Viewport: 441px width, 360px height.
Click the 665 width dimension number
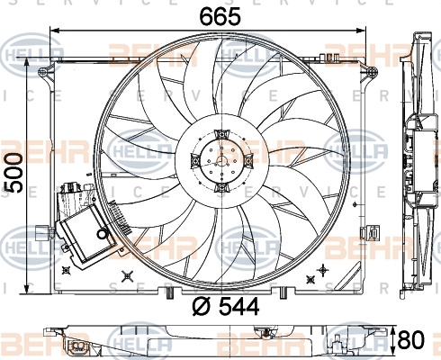coord(220,16)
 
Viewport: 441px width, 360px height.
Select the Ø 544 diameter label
coord(225,306)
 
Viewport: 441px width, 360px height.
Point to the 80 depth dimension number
coord(411,339)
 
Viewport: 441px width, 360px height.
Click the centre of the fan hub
coord(222,160)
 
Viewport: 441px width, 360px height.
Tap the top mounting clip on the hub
coord(221,134)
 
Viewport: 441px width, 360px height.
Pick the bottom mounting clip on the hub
coord(221,188)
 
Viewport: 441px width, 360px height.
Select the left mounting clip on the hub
coord(195,161)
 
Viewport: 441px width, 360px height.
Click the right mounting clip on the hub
coord(248,161)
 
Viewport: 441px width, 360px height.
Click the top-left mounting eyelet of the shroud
coord(42,72)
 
